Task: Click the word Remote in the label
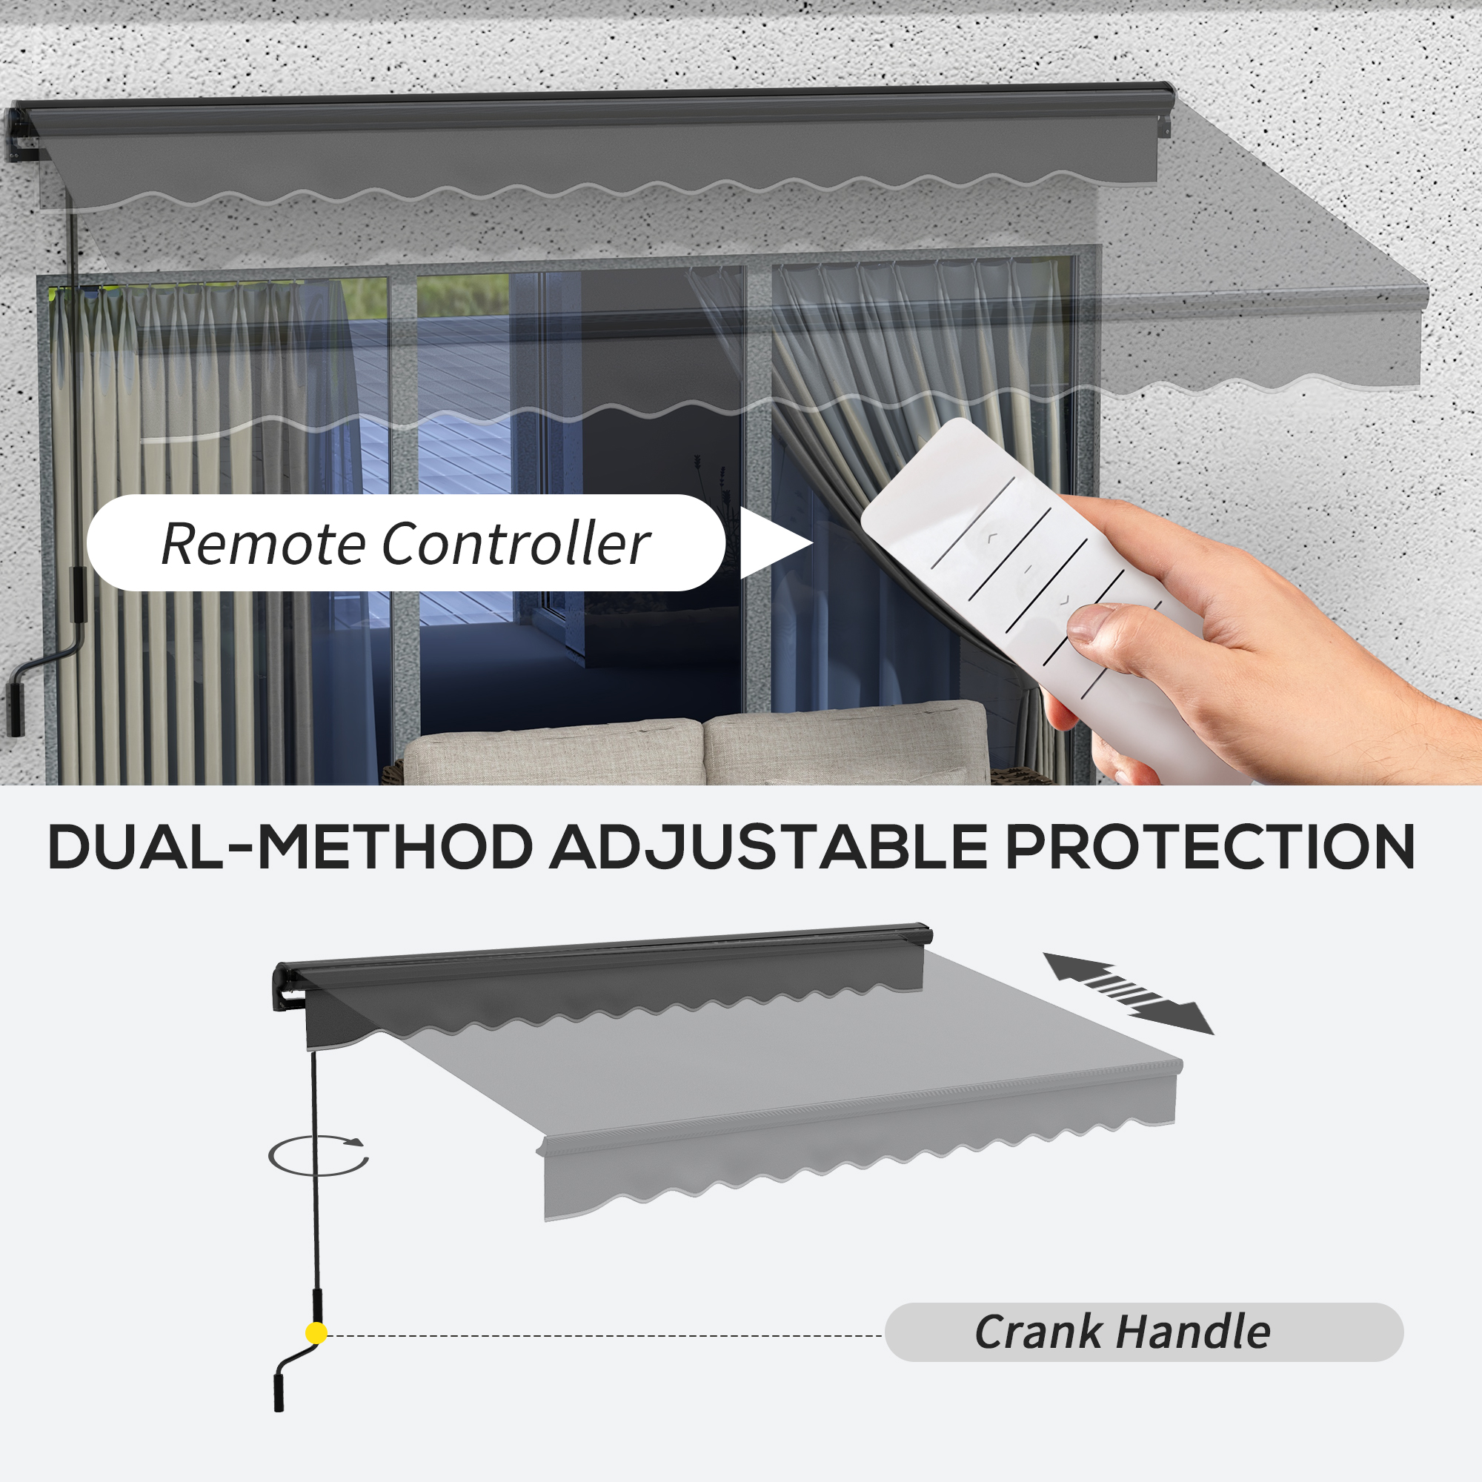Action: tap(263, 544)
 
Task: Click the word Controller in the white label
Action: tap(516, 544)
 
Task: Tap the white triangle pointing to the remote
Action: tap(776, 543)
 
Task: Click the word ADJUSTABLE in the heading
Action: tap(768, 848)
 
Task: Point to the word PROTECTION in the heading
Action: tap(1210, 848)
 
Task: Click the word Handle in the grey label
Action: tap(1194, 1332)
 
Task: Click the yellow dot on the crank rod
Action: tap(316, 1333)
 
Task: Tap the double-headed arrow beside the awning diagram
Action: tap(1128, 993)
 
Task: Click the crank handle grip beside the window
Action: tap(16, 708)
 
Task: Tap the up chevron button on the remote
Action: tap(991, 539)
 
